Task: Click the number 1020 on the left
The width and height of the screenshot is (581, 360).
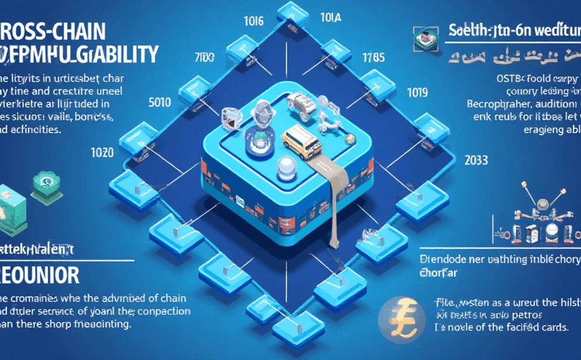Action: pyautogui.click(x=102, y=152)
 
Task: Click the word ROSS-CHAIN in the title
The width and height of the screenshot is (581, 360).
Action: pyautogui.click(x=52, y=30)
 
